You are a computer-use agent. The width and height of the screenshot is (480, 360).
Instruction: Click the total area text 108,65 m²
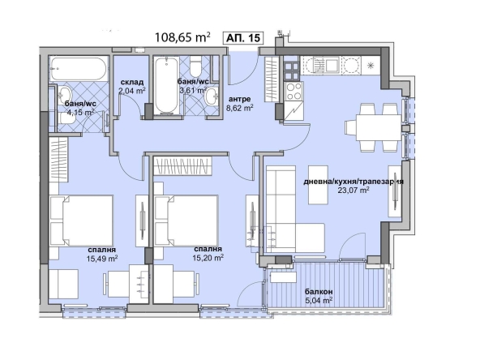coord(182,36)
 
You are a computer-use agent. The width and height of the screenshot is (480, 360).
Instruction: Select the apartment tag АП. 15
coord(244,36)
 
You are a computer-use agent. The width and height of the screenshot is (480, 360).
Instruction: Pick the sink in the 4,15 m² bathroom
coord(58,96)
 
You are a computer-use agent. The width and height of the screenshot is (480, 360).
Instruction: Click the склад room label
coord(131,82)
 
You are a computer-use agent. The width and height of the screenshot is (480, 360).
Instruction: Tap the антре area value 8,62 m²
coord(239,107)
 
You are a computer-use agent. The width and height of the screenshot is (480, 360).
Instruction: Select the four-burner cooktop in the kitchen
coord(291,89)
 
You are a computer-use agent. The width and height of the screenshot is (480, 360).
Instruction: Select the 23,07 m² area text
coord(354,191)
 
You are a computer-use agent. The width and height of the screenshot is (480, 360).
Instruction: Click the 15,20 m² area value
coord(208,258)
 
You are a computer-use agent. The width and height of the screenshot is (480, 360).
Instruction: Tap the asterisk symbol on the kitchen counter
coord(371,64)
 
